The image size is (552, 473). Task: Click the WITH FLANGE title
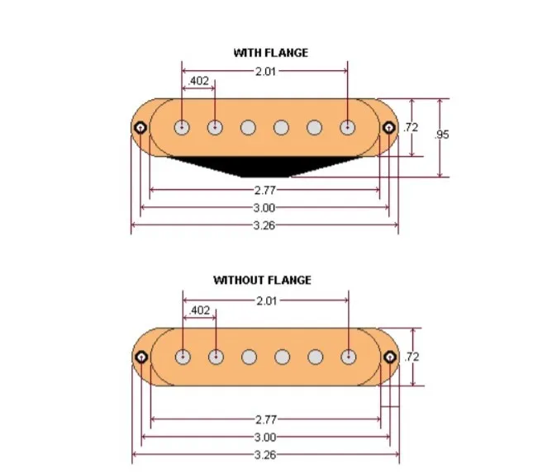pyautogui.click(x=270, y=53)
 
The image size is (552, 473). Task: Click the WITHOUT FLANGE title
pyautogui.click(x=262, y=281)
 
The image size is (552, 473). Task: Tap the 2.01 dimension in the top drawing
pyautogui.click(x=265, y=72)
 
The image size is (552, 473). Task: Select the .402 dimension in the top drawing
pyautogui.click(x=198, y=82)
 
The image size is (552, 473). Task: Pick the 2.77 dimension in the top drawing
pyautogui.click(x=264, y=191)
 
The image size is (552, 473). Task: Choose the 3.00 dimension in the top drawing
pyautogui.click(x=264, y=208)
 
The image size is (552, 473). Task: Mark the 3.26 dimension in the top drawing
pyautogui.click(x=264, y=225)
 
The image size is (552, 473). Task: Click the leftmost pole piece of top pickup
pyautogui.click(x=182, y=127)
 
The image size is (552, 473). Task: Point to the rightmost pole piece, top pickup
pyautogui.click(x=348, y=127)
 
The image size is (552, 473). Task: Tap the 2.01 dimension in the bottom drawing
pyautogui.click(x=265, y=301)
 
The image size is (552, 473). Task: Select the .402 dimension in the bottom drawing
pyautogui.click(x=199, y=311)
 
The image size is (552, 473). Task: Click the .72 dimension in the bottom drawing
pyautogui.click(x=411, y=357)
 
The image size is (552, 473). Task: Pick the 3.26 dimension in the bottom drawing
pyautogui.click(x=264, y=454)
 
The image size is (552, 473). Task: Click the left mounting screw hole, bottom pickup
pyautogui.click(x=140, y=357)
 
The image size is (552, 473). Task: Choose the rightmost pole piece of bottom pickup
pyautogui.click(x=349, y=357)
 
